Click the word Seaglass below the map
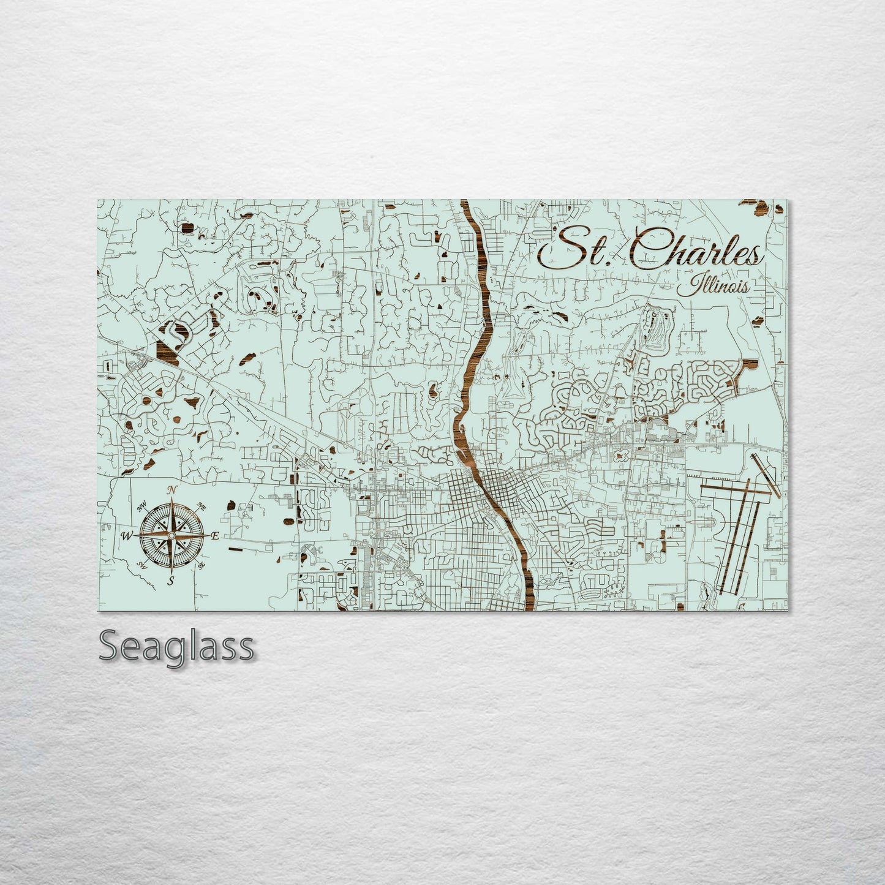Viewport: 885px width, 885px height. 176,646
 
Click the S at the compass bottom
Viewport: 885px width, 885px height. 171,580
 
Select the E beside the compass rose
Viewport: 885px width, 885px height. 215,537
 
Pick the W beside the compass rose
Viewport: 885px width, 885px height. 127,537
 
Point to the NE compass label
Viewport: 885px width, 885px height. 201,507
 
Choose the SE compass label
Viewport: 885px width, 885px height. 200,565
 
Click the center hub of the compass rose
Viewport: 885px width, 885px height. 172,535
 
